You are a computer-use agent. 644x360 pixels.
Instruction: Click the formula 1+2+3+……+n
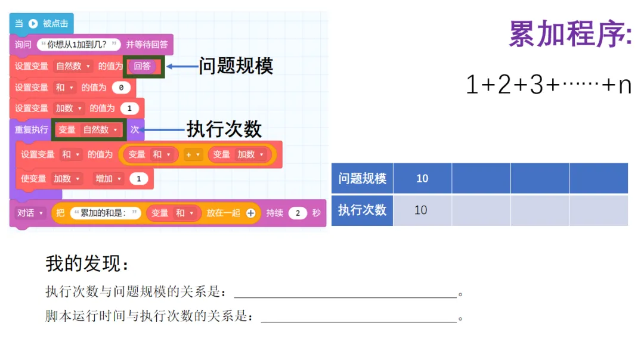548,86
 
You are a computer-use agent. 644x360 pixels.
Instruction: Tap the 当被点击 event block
41,24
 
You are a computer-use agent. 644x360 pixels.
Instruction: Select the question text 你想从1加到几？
79,44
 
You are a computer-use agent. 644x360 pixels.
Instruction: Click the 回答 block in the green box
143,66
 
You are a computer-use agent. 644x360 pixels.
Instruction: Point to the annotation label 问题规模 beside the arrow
236,66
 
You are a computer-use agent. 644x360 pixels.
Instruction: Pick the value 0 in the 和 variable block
121,88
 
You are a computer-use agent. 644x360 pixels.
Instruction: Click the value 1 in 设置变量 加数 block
129,108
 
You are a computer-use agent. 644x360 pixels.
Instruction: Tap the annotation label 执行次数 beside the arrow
224,129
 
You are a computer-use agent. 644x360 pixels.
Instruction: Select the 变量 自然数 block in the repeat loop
89,129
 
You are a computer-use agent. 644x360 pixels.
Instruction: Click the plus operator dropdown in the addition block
191,154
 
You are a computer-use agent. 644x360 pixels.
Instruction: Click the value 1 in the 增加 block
139,179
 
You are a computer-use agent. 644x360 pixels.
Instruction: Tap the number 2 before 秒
297,213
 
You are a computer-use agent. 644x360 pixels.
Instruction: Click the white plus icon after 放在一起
250,213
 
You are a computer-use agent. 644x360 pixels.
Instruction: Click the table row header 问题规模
362,178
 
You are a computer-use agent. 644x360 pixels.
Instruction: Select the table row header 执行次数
362,210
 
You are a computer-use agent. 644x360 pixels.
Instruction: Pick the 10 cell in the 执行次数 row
421,210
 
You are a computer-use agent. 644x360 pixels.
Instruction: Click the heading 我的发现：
87,263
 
